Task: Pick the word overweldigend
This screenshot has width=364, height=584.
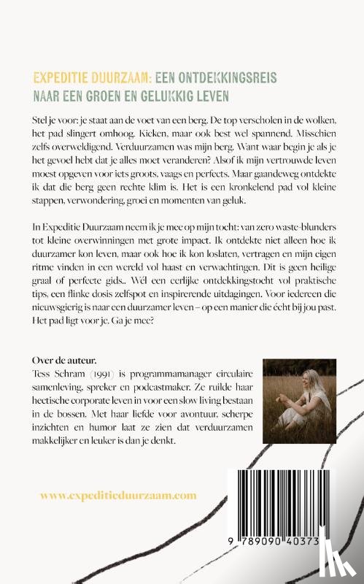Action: tap(90, 153)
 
